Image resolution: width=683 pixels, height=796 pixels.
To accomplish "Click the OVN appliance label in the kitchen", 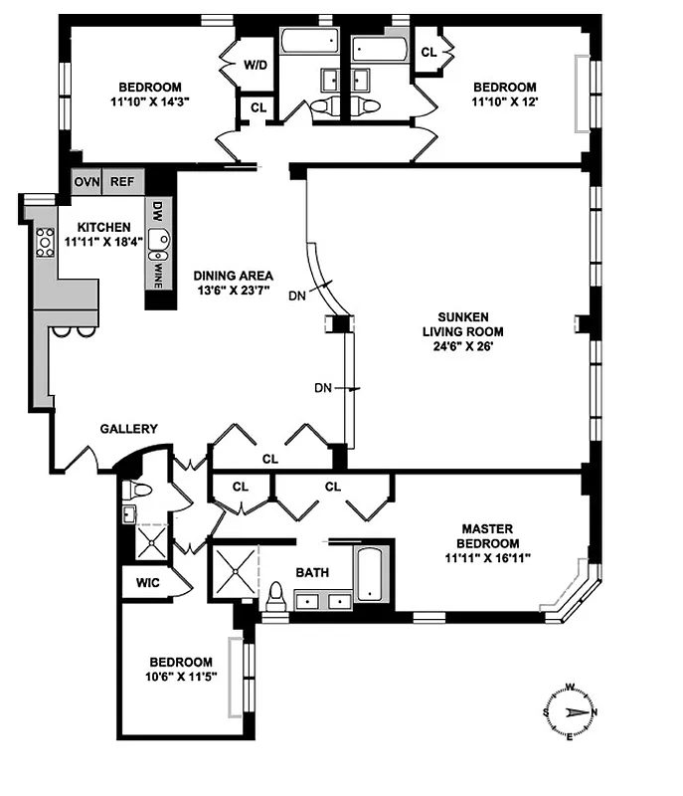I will tap(85, 182).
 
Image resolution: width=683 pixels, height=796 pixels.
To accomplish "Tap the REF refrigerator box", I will tap(121, 182).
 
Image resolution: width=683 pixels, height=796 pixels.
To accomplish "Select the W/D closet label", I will tap(256, 65).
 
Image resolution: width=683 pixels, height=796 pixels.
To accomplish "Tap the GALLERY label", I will tap(128, 429).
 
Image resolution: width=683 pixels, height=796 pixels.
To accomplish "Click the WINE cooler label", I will tap(156, 268).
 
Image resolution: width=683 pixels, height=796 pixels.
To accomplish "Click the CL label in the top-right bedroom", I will tap(428, 53).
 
